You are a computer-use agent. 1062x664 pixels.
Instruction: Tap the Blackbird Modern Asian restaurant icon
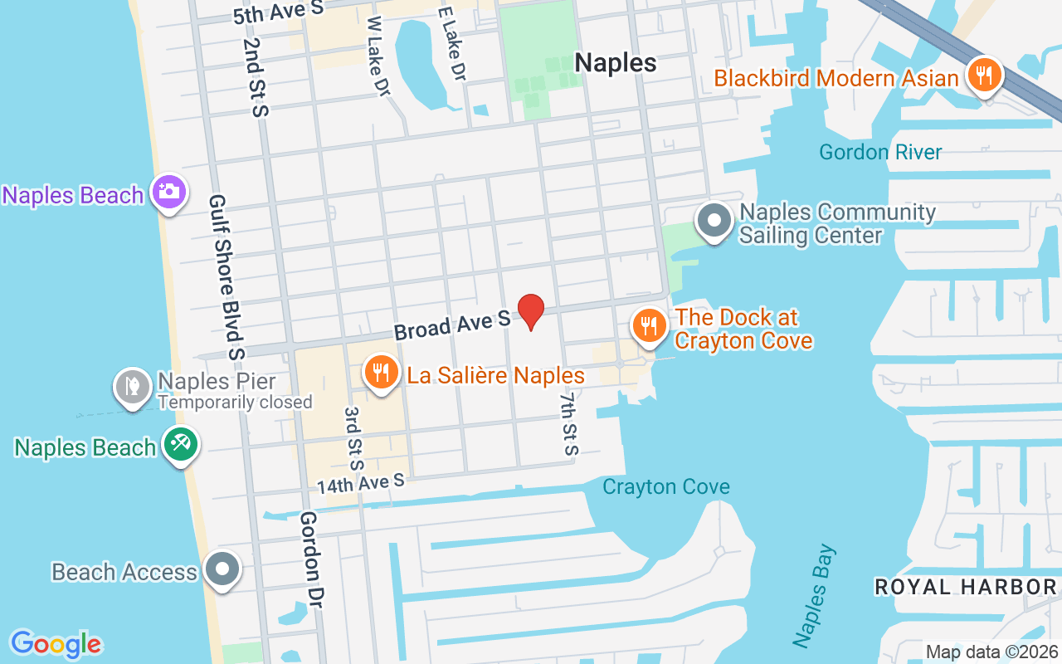click(984, 76)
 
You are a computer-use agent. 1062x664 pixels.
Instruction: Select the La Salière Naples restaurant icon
click(381, 373)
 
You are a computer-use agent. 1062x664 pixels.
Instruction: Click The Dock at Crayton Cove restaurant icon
click(649, 326)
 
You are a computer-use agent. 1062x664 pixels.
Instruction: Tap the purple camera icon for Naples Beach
click(168, 192)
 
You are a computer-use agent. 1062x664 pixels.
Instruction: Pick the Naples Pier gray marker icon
click(132, 385)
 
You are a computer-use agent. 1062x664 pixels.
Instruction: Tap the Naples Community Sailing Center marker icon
click(714, 222)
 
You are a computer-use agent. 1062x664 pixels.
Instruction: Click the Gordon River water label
click(880, 152)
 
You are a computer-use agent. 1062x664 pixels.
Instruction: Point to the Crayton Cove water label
click(666, 486)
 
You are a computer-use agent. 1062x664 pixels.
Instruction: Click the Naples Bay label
click(814, 596)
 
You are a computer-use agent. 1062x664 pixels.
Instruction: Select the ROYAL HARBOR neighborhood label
click(966, 587)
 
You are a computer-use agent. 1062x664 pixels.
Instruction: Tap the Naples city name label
click(616, 63)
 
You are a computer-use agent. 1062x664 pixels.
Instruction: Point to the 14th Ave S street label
click(360, 482)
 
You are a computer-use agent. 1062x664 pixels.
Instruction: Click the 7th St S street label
click(568, 423)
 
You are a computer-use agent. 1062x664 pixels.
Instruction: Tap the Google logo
click(56, 643)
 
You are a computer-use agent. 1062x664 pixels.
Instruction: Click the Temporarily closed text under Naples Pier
click(235, 403)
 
